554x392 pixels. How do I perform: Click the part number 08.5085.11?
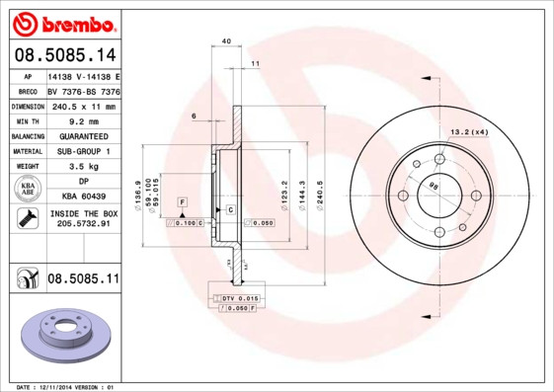83,279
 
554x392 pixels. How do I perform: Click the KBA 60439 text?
83,197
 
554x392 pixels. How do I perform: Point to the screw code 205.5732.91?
83,225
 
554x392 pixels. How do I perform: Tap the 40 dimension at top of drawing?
226,41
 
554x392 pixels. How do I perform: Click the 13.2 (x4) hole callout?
469,131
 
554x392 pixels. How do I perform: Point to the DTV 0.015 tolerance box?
240,297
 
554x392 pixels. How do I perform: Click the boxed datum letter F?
183,201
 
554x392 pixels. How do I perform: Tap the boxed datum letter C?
229,210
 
